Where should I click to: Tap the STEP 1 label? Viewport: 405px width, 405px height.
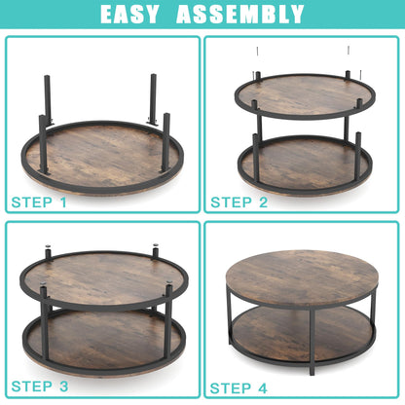40,202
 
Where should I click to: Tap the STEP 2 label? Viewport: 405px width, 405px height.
239,202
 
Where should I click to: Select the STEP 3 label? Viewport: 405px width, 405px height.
40,387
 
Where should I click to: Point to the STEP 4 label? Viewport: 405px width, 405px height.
240,387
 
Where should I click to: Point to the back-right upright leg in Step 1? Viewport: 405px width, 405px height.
153,97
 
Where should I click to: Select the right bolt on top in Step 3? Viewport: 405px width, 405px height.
155,249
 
